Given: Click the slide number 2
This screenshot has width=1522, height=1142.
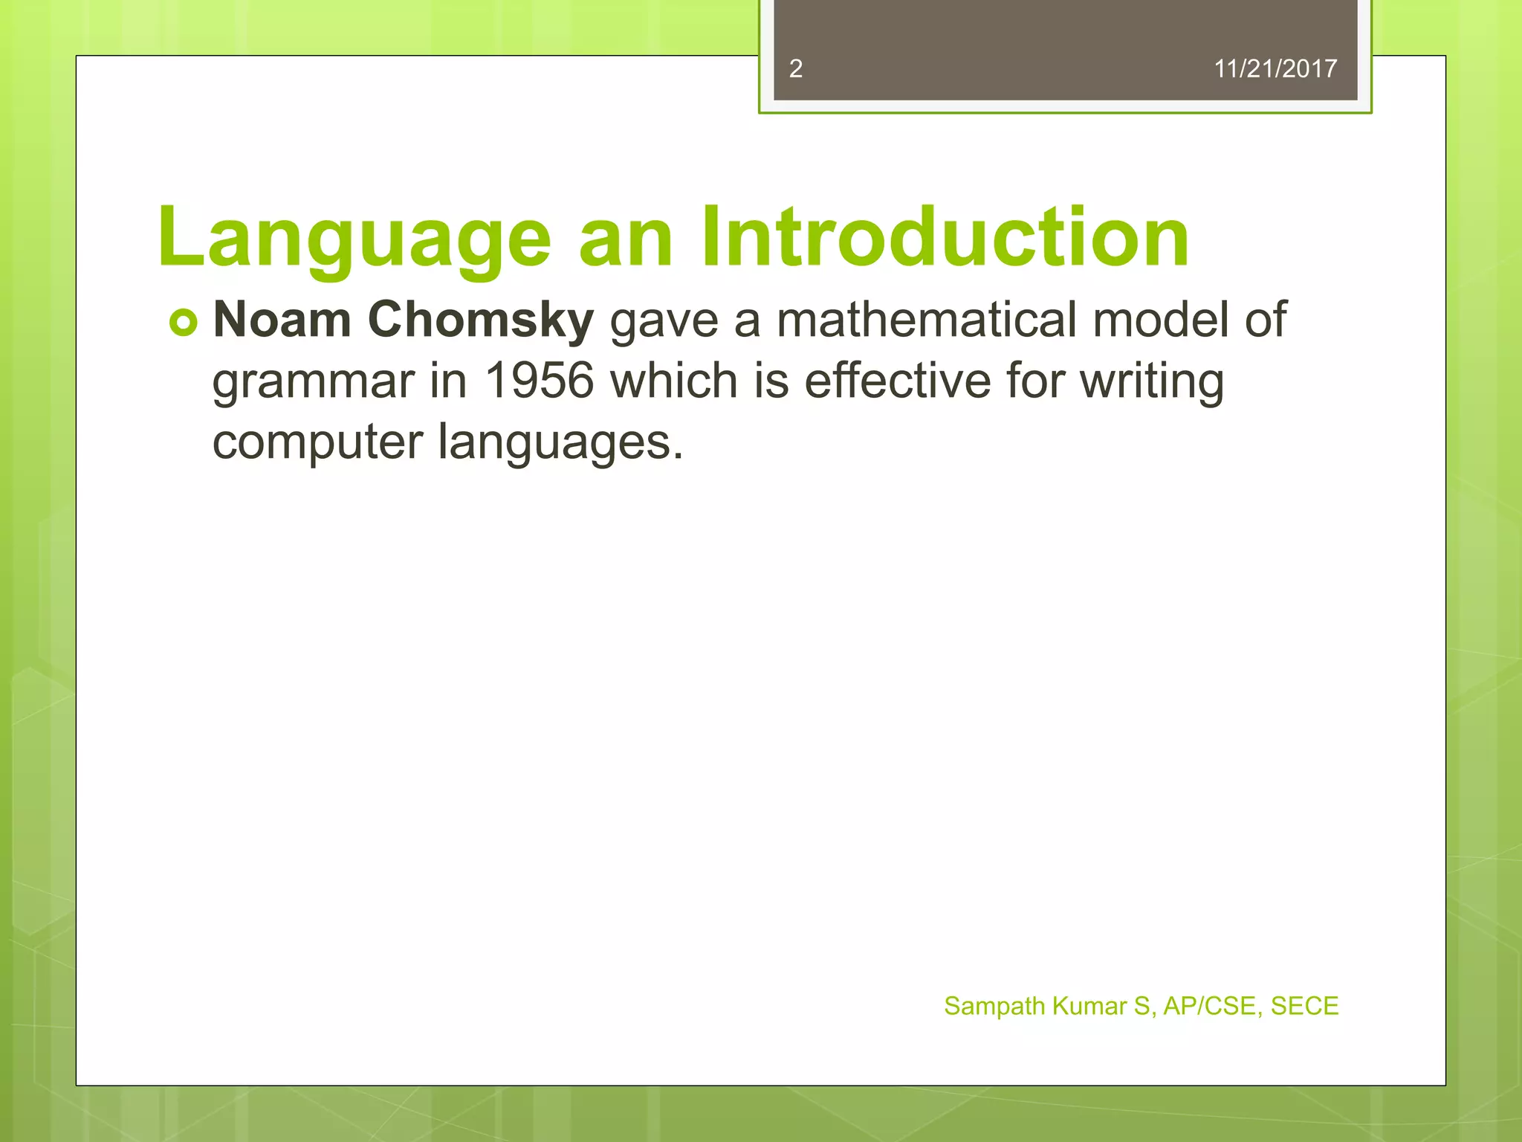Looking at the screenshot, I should click(795, 69).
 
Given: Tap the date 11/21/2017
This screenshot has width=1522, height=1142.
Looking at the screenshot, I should click(1275, 69).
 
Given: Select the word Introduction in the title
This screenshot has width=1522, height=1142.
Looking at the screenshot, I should click(945, 236).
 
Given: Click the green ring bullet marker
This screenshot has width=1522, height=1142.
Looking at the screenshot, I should click(184, 323).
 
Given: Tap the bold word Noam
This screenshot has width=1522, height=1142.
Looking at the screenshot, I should click(282, 320).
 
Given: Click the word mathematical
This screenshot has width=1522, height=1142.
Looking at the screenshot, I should click(926, 320).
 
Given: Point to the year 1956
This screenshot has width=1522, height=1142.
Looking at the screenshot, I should click(539, 381).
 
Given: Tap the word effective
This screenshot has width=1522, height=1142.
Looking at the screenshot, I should click(898, 381).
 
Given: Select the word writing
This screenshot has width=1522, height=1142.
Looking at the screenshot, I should click(1151, 382).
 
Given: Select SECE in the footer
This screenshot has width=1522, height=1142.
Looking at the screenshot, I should click(1304, 1006).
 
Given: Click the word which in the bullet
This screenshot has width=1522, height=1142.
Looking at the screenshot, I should click(675, 381).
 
